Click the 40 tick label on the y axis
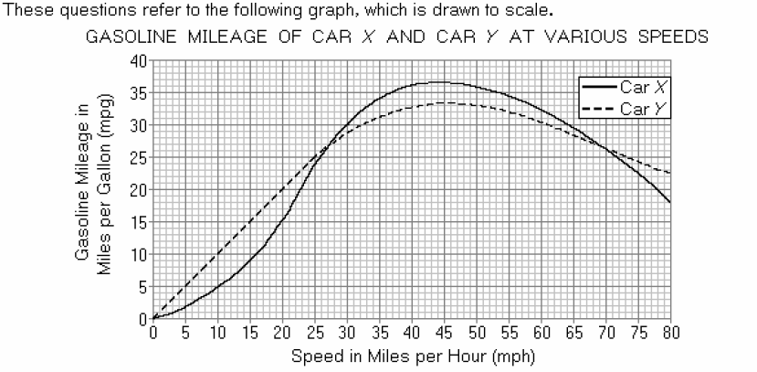pos(140,60)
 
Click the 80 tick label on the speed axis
pos(670,331)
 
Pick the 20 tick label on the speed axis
pos(282,331)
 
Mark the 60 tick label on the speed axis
pos(541,331)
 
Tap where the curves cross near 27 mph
pos(324,149)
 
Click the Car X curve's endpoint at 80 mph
pos(670,202)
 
